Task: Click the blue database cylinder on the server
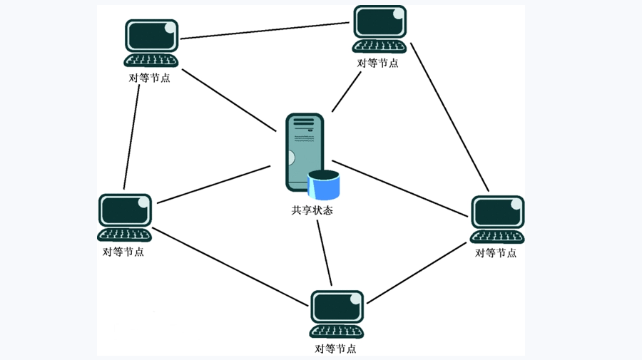pyautogui.click(x=324, y=185)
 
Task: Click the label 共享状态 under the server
pyautogui.click(x=312, y=210)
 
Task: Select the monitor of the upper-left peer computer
pyautogui.click(x=151, y=36)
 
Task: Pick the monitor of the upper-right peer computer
pyautogui.click(x=379, y=23)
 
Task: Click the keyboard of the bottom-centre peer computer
pyautogui.click(x=337, y=331)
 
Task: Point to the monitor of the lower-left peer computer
pyautogui.click(x=125, y=210)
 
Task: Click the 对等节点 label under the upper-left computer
pyautogui.click(x=150, y=78)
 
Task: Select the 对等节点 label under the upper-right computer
pyautogui.click(x=377, y=63)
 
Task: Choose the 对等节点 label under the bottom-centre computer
pyautogui.click(x=335, y=349)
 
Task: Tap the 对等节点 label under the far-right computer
pyautogui.click(x=496, y=252)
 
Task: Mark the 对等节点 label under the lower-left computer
pyautogui.click(x=123, y=252)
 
